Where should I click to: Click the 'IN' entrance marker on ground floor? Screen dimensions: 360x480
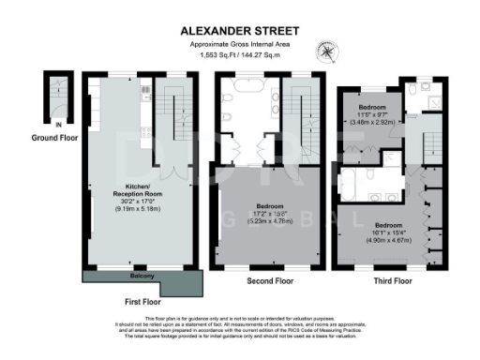click(32, 123)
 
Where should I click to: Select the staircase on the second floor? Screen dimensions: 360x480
click(302, 108)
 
